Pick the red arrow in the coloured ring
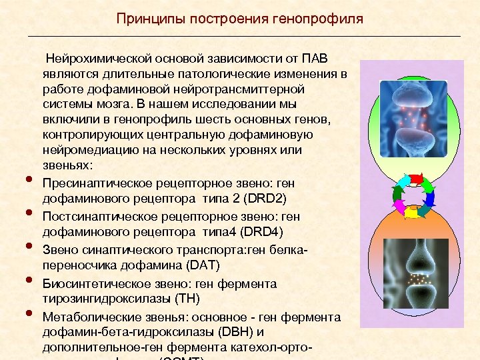pos(416,179)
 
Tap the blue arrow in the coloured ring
pos(429,198)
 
